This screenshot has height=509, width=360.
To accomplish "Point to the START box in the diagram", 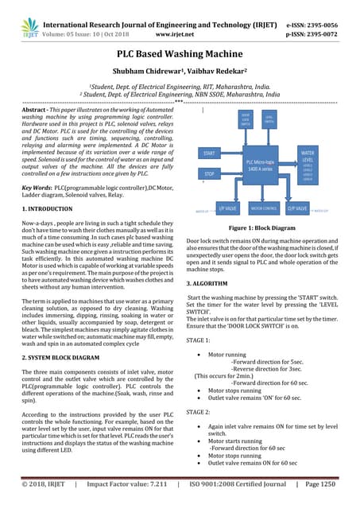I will pos(210,152).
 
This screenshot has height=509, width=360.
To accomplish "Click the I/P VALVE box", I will pos(227,210).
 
